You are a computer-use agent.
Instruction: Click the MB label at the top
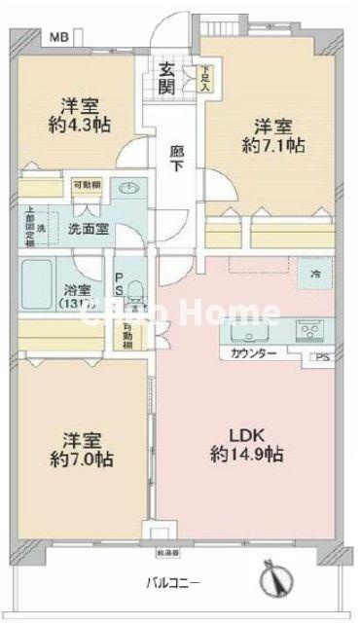(x=60, y=38)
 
